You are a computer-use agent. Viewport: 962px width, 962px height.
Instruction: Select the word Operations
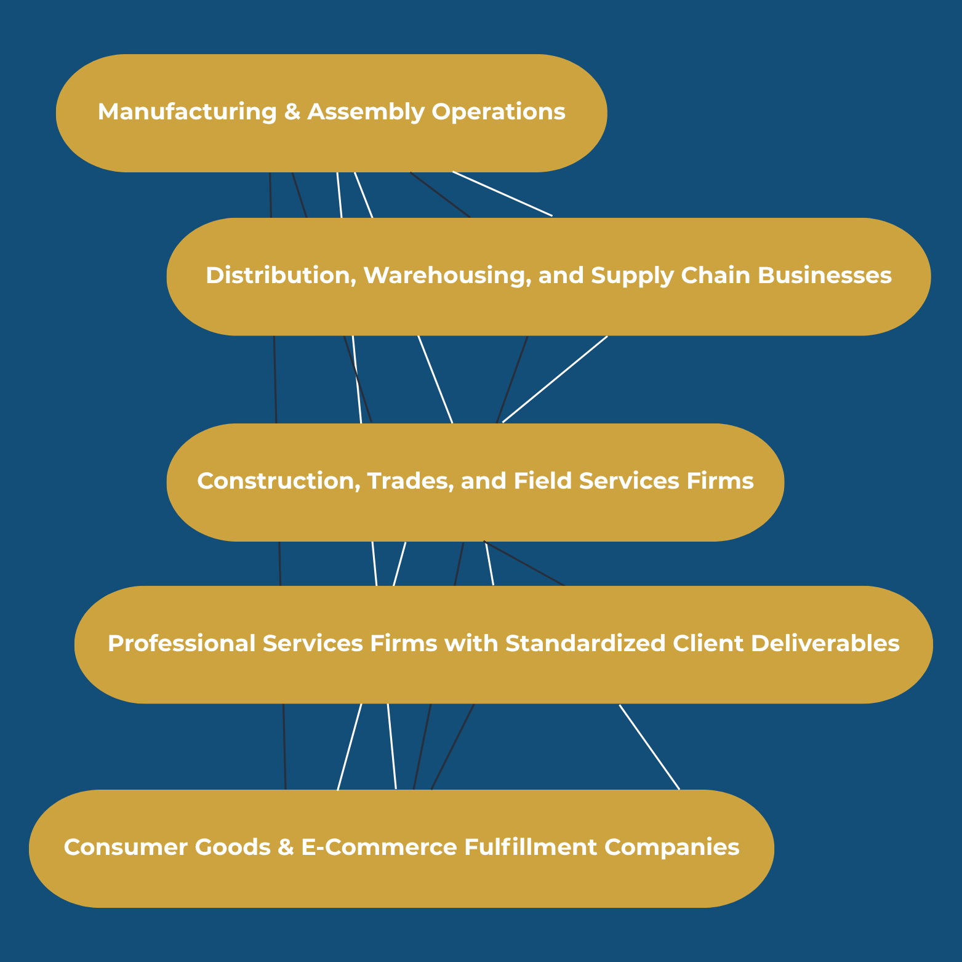click(498, 112)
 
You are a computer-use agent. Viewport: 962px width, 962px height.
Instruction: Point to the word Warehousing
click(447, 276)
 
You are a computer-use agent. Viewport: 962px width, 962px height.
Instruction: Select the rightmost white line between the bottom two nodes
click(649, 747)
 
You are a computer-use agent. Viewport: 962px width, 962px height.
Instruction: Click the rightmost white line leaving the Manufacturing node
click(502, 194)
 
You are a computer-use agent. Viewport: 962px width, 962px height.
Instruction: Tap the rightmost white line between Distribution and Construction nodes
click(555, 379)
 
